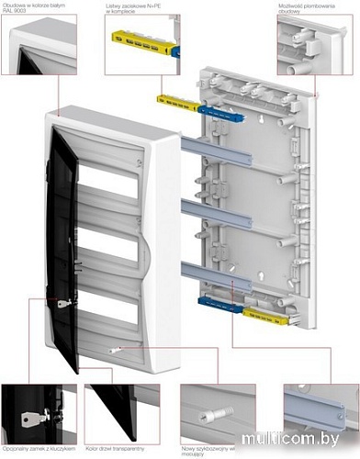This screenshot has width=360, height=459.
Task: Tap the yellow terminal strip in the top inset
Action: click(141, 42)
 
